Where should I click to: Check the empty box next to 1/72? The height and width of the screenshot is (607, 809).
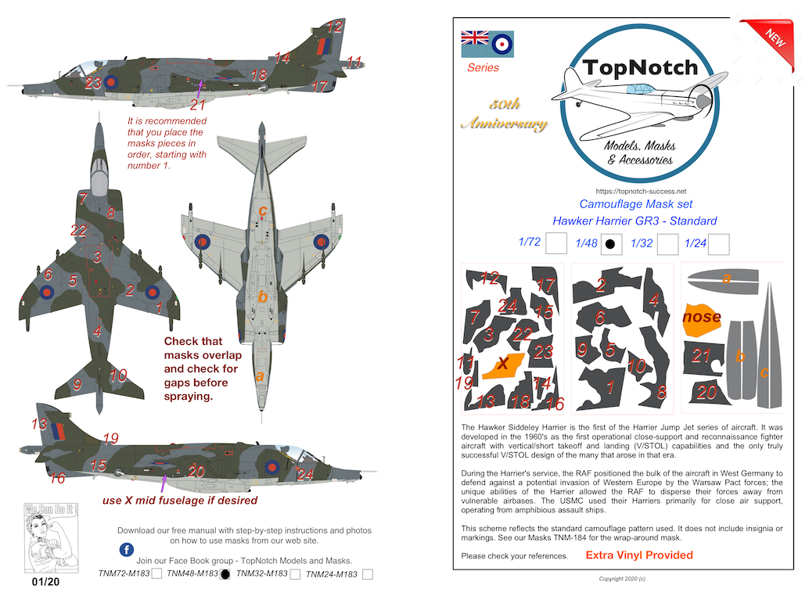click(x=556, y=244)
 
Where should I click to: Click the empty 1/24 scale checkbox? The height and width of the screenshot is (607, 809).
click(x=718, y=244)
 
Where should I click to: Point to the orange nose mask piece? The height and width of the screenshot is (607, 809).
click(x=703, y=318)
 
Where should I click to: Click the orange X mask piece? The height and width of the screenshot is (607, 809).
click(x=505, y=365)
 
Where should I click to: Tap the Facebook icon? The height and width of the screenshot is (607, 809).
click(x=126, y=548)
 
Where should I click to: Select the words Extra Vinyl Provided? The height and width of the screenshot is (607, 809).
click(x=639, y=555)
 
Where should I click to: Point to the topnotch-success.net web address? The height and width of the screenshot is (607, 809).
click(x=641, y=191)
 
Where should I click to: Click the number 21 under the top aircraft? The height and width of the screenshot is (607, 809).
click(x=197, y=105)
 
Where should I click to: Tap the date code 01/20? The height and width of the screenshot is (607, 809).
click(x=45, y=583)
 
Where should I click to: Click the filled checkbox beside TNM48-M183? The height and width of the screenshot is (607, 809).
click(x=225, y=575)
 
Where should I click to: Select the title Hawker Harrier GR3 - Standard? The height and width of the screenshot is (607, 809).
click(x=635, y=221)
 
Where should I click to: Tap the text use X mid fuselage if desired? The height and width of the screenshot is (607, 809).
click(x=180, y=500)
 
